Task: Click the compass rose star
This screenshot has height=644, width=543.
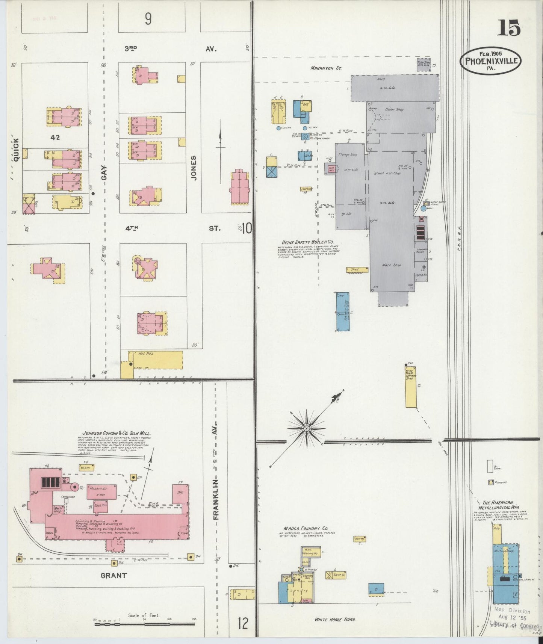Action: pos(307,428)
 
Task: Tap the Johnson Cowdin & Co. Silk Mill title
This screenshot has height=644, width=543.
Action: pos(114,433)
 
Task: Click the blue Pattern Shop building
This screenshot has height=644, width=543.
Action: pos(343,312)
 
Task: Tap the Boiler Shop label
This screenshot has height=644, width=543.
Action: pos(394,109)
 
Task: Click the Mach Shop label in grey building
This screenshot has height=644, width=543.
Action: pos(392,265)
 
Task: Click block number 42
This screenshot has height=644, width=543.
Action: pos(55,138)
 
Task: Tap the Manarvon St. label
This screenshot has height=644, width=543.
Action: pos(325,68)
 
